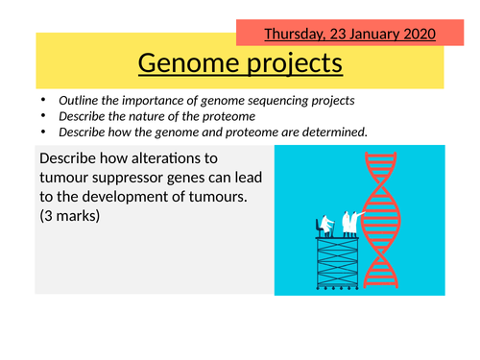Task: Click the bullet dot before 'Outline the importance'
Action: pyautogui.click(x=42, y=99)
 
